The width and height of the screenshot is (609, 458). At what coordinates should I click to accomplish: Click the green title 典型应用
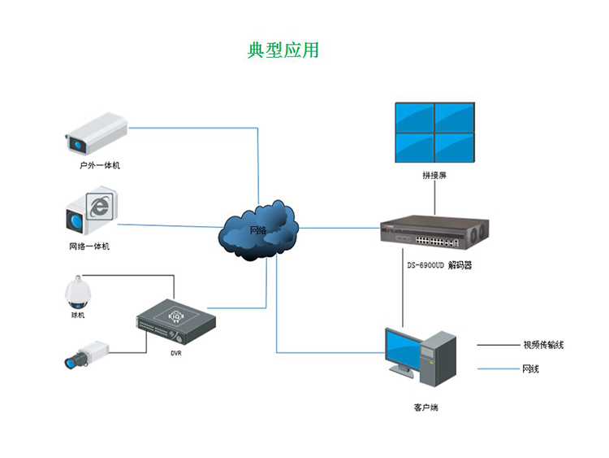283,50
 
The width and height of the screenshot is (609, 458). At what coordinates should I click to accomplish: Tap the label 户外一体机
100,165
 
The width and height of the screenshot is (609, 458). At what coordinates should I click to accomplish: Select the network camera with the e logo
91,212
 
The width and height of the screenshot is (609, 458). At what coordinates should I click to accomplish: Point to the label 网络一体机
89,246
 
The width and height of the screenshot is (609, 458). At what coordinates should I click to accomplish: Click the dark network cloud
259,229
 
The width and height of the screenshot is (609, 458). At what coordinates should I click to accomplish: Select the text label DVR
176,353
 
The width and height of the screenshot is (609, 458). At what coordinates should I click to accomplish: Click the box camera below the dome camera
86,354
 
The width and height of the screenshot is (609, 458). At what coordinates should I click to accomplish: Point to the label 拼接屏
434,176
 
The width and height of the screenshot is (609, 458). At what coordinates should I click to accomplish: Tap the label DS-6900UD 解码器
439,265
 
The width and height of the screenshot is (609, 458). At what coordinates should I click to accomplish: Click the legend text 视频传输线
542,345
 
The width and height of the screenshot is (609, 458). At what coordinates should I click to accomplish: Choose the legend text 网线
530,369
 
